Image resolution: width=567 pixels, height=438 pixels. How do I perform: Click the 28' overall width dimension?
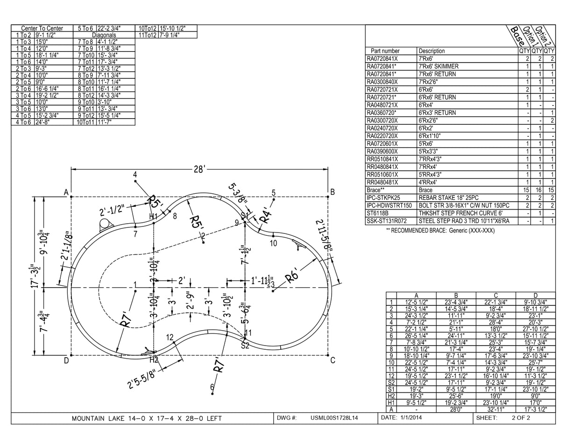199,169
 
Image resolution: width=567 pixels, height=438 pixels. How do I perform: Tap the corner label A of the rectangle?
66,192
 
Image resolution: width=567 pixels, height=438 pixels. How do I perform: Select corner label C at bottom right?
333,360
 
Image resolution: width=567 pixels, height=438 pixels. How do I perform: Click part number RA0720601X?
383,144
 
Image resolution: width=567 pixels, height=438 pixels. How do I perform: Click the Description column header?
432,51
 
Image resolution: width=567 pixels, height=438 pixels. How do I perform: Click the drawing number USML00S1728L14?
334,418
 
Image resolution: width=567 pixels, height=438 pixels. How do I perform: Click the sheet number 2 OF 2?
521,418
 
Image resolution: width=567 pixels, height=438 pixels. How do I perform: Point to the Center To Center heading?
42,28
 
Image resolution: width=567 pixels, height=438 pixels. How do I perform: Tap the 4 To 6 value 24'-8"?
42,122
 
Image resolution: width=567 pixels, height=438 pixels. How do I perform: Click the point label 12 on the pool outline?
170,337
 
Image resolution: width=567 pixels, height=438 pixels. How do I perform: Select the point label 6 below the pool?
212,387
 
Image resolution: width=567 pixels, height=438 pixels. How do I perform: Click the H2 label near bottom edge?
153,360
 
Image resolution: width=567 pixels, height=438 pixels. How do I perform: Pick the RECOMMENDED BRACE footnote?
439,230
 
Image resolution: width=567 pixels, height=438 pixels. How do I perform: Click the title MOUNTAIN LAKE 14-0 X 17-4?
147,418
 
